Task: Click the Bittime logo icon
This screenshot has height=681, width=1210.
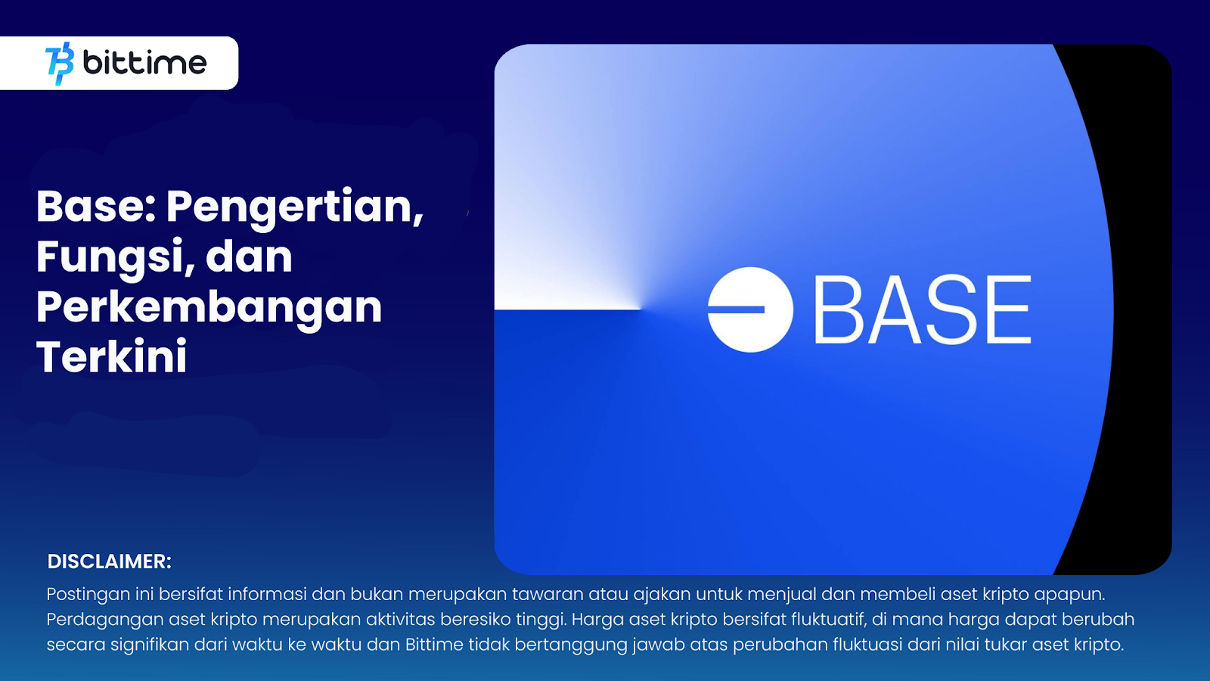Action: click(x=60, y=63)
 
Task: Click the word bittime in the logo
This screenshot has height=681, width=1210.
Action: click(x=144, y=63)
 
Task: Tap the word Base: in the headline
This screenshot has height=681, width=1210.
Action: click(x=96, y=206)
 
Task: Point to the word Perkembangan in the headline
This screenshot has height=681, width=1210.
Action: click(x=209, y=308)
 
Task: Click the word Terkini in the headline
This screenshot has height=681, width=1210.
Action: click(x=112, y=357)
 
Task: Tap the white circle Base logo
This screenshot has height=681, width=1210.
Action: click(x=750, y=309)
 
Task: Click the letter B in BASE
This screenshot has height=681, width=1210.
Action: click(x=838, y=310)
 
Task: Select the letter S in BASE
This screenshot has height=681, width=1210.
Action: click(x=946, y=310)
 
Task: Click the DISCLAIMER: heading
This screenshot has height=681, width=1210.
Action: click(x=110, y=561)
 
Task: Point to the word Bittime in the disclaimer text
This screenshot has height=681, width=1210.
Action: click(x=434, y=645)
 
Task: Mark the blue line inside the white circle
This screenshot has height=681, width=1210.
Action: click(x=737, y=309)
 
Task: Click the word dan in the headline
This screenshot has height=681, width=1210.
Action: click(x=249, y=257)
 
